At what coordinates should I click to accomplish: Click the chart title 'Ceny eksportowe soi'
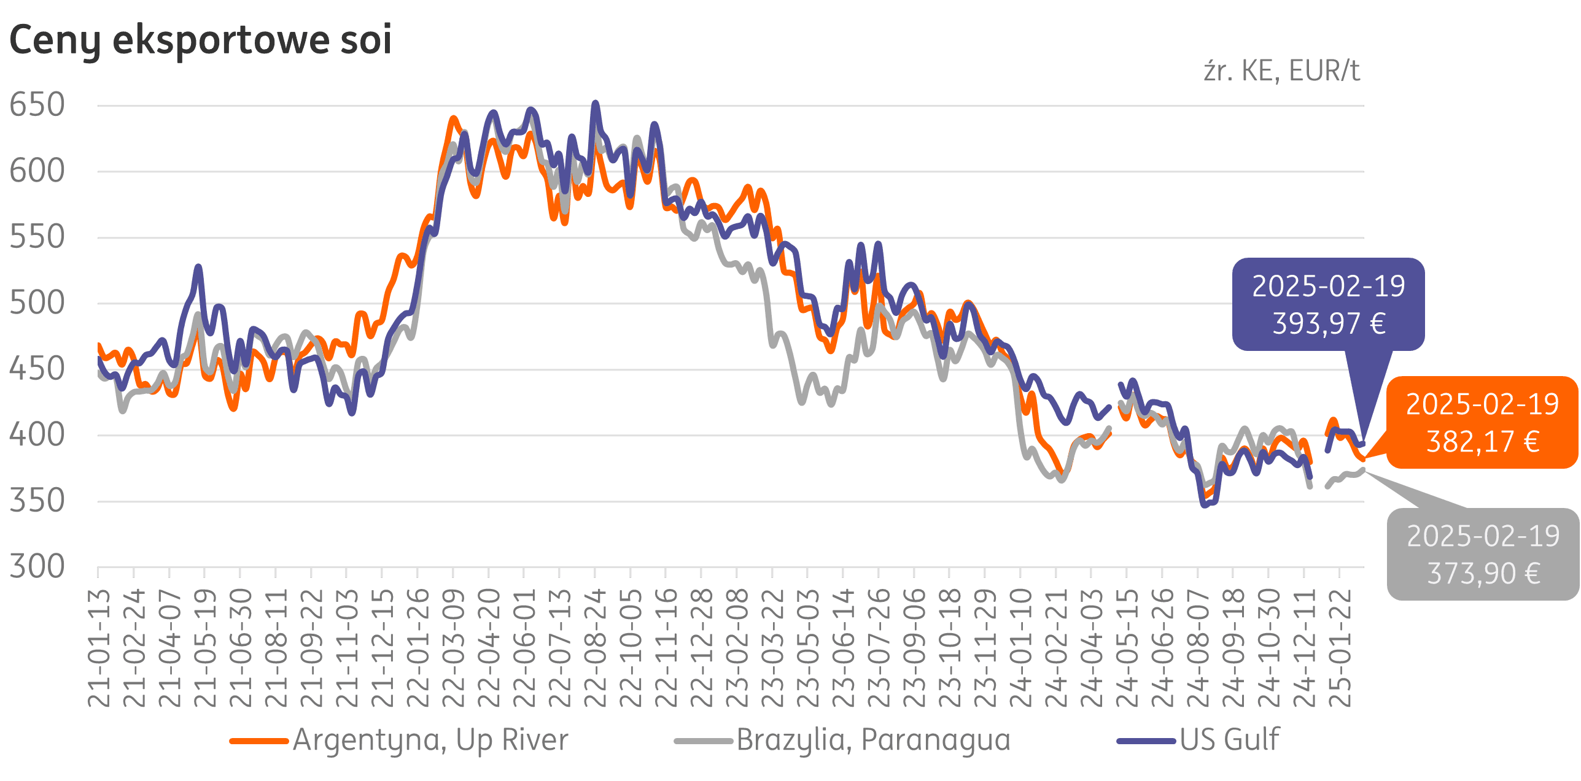point(200,40)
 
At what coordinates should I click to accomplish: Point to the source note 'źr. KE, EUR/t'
point(1281,72)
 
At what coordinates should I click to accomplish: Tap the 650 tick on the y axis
point(37,105)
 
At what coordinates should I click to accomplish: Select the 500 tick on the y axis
point(37,303)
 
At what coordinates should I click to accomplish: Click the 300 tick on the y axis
point(37,567)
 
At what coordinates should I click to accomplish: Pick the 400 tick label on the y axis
point(37,435)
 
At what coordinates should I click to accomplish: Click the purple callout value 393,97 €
point(1329,324)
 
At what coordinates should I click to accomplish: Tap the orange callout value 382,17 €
point(1482,442)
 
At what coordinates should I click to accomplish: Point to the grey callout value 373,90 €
point(1483,574)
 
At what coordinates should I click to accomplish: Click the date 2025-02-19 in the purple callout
point(1329,287)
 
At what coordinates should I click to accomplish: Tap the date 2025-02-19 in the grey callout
point(1483,537)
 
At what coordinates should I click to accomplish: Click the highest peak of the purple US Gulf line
point(595,104)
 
